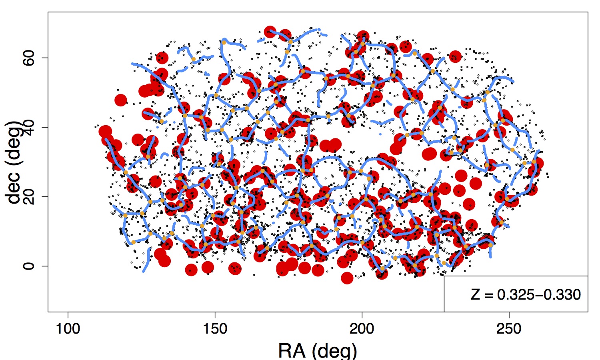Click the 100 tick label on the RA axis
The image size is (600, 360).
pyautogui.click(x=68, y=329)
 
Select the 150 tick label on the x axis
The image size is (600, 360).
pyautogui.click(x=215, y=329)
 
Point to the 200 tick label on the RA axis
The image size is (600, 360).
pyautogui.click(x=362, y=329)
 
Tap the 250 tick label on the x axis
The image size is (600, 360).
pyautogui.click(x=509, y=329)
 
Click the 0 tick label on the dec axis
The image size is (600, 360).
pyautogui.click(x=29, y=266)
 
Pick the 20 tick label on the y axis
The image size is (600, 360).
pyautogui.click(x=29, y=196)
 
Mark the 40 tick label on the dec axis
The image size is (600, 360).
pyautogui.click(x=29, y=127)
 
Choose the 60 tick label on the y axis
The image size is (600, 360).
pyautogui.click(x=29, y=58)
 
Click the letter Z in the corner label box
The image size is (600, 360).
pyautogui.click(x=475, y=295)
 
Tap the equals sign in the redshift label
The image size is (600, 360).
pyautogui.click(x=488, y=295)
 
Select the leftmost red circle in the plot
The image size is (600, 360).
pyautogui.click(x=105, y=131)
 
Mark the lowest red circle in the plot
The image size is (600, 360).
pyautogui.click(x=347, y=278)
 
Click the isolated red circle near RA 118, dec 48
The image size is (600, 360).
pyautogui.click(x=120, y=100)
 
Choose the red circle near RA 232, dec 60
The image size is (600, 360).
pyautogui.click(x=455, y=57)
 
